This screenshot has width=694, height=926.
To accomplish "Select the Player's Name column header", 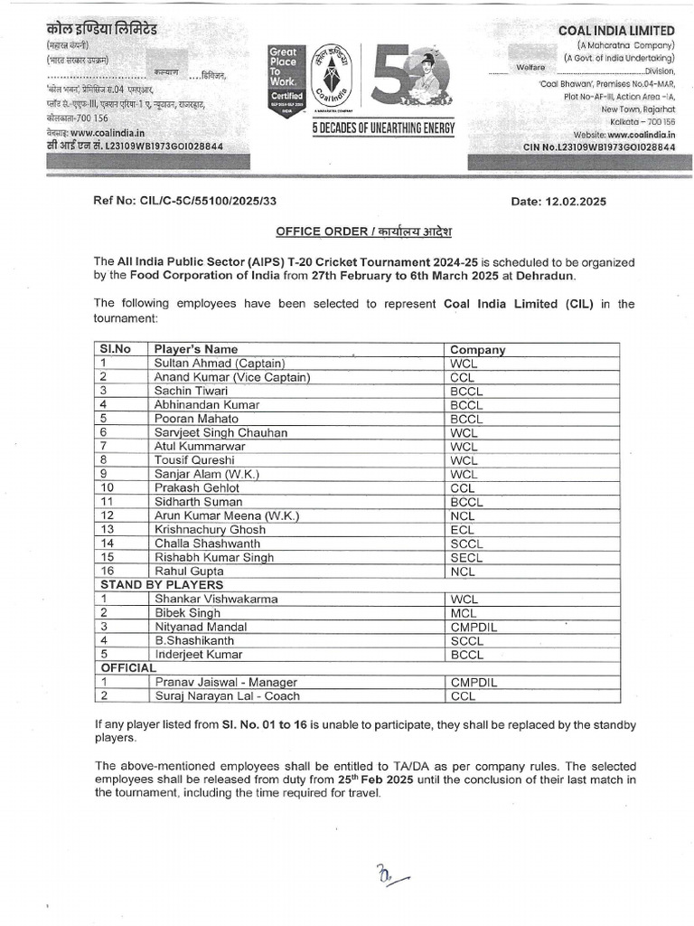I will pos(196,349).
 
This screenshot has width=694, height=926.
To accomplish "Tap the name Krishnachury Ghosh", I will pos(210,529).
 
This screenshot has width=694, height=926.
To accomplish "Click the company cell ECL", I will pos(462,529).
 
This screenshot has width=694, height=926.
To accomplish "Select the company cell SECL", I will pos(466,557).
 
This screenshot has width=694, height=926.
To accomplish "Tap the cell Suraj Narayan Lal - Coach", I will pos(227,695).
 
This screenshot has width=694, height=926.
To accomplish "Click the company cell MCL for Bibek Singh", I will pos(463,612).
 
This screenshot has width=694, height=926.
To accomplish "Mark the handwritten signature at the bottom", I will pos(391,874).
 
